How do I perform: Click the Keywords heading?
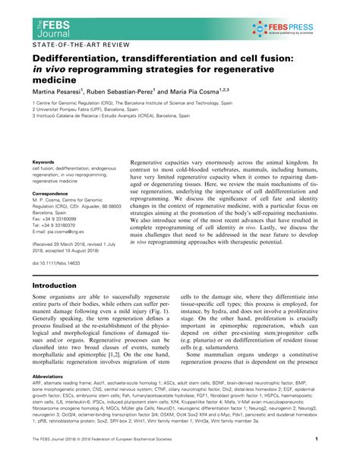[x=43, y=162]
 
